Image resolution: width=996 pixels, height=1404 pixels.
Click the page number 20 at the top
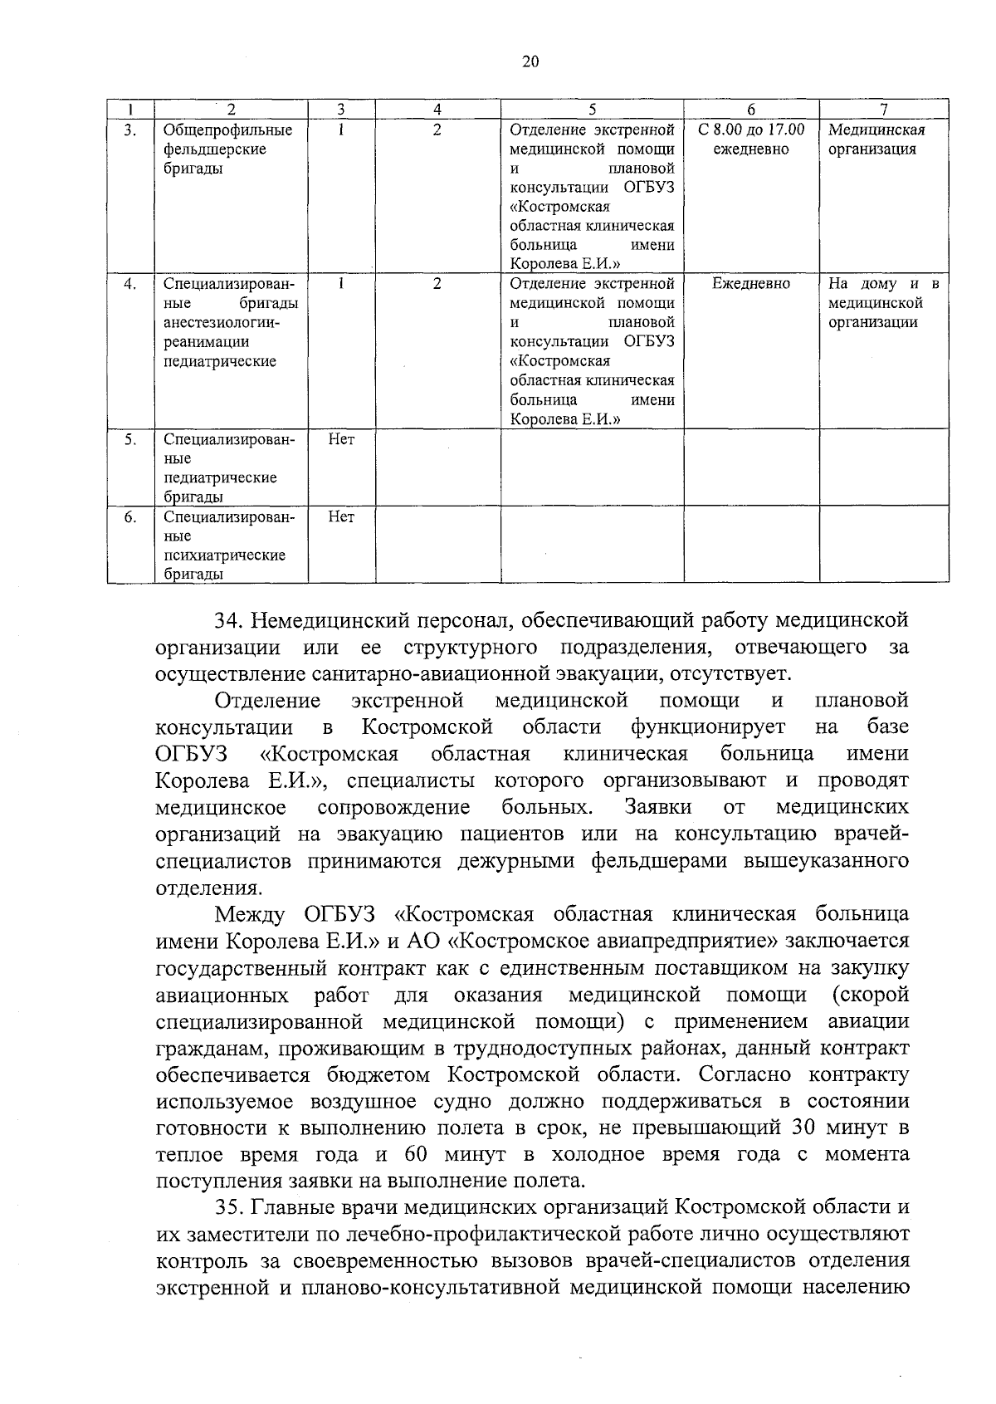click(531, 61)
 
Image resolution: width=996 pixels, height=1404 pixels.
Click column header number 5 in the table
click(592, 109)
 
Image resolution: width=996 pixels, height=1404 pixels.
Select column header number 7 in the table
click(884, 109)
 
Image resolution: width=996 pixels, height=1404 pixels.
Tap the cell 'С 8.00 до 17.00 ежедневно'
click(751, 139)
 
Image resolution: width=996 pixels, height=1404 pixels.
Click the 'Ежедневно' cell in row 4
click(751, 284)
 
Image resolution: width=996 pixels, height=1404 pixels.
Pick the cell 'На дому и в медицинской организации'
click(883, 303)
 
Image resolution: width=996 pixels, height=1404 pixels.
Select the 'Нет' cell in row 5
click(341, 439)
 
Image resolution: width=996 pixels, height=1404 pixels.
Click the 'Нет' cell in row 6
click(341, 517)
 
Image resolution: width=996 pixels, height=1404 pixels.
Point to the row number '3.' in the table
click(130, 130)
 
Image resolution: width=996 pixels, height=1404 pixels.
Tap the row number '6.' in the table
click(130, 517)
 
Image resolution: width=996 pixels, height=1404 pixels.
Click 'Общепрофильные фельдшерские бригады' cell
click(227, 149)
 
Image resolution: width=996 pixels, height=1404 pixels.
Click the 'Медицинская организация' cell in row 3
click(876, 139)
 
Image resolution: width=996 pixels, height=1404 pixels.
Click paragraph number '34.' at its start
click(228, 621)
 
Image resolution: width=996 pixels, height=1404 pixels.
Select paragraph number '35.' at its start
click(228, 1206)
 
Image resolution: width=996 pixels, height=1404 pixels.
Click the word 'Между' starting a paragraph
click(250, 915)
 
